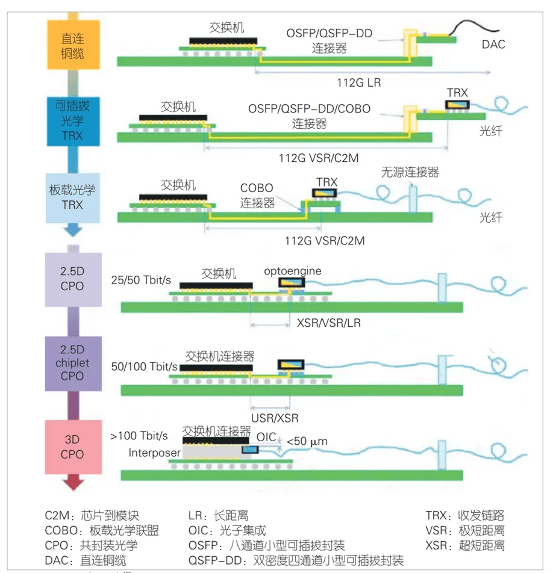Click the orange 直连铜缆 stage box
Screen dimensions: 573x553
(72, 45)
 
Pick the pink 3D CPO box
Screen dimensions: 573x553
(72, 447)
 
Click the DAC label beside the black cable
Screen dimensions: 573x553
(493, 44)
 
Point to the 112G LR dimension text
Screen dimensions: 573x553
(358, 82)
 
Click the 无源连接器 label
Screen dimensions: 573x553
(410, 172)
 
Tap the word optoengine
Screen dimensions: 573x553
(292, 271)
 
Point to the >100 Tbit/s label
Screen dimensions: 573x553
(139, 435)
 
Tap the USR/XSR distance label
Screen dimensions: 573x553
(275, 418)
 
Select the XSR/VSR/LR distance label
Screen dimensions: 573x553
(329, 323)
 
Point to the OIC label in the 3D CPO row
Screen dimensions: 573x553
(266, 435)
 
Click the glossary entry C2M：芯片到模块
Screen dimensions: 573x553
(92, 515)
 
